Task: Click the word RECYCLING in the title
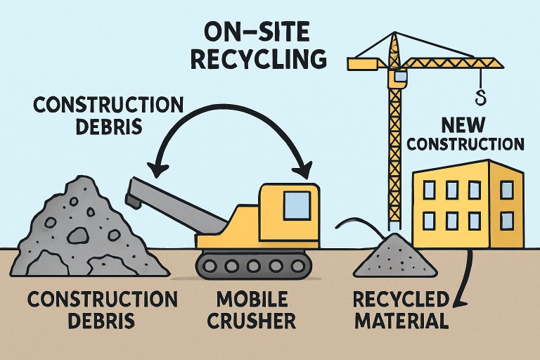(x=258, y=59)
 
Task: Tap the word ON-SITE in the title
(x=259, y=32)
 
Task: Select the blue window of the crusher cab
(x=296, y=204)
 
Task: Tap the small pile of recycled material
(x=394, y=257)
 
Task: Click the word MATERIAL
(x=401, y=322)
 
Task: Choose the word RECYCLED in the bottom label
(x=401, y=299)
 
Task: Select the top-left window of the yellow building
(x=429, y=189)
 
